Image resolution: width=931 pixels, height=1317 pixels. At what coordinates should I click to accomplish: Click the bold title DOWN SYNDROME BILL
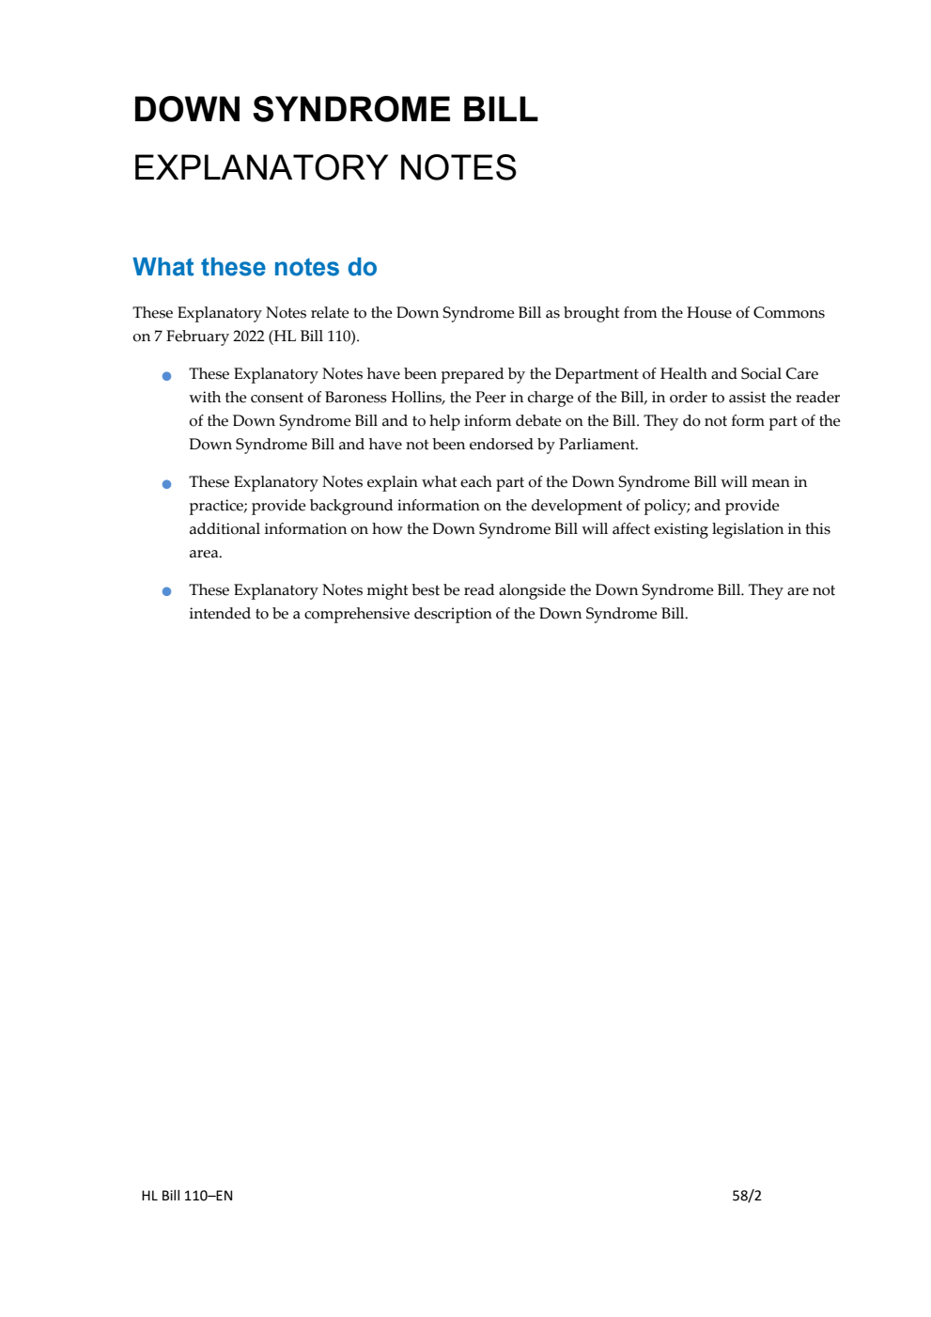tap(335, 110)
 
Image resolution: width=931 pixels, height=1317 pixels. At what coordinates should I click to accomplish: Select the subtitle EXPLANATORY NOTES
tap(325, 168)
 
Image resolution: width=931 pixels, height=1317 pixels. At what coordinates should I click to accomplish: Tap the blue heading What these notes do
tap(255, 267)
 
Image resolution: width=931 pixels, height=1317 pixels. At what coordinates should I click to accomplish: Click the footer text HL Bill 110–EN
tap(187, 1196)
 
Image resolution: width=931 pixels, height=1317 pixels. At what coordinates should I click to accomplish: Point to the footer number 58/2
tap(747, 1196)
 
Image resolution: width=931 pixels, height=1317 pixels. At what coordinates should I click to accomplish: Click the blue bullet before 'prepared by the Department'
tap(167, 376)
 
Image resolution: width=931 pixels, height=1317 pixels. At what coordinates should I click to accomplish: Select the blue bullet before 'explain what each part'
tap(167, 484)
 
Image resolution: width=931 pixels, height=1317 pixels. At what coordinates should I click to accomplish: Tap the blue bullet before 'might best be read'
tap(167, 592)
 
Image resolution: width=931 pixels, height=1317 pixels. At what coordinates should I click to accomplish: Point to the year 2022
tap(248, 337)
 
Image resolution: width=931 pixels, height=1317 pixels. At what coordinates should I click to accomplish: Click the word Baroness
tap(356, 398)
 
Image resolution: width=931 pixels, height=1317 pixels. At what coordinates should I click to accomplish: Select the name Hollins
tap(416, 398)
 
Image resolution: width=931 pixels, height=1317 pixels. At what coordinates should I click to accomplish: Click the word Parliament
tap(597, 445)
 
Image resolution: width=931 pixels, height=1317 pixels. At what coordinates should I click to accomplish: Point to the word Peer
tap(490, 398)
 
